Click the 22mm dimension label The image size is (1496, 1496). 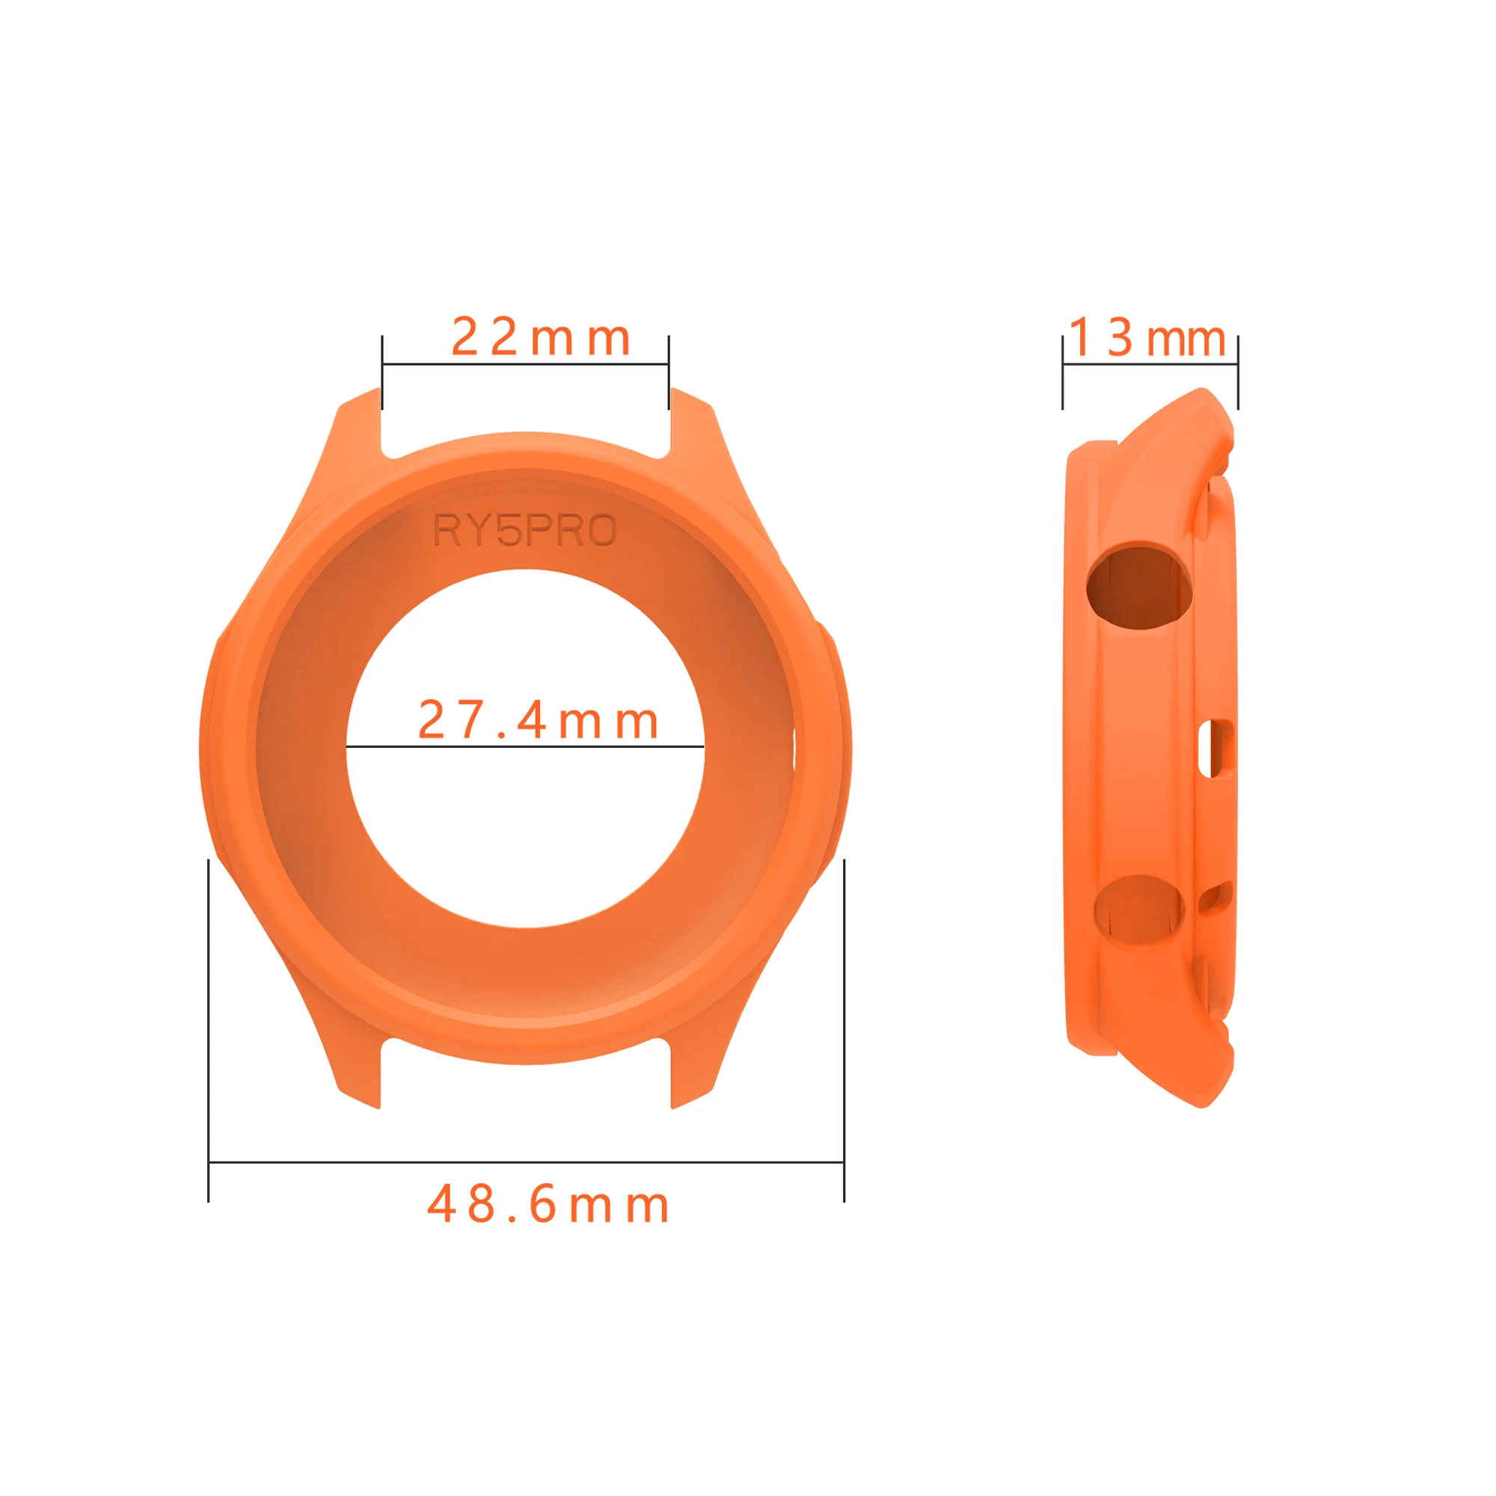pos(540,337)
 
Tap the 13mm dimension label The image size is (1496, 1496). pos(1147,338)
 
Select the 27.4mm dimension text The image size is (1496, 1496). pos(537,720)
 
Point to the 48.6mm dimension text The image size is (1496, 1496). pos(548,1205)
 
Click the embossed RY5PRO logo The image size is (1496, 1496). pos(524,530)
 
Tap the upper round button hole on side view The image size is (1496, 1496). pos(1138,588)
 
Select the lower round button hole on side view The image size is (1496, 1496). pos(1138,910)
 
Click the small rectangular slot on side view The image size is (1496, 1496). pos(1215,748)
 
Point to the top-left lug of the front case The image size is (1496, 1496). pos(358,422)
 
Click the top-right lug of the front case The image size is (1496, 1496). pos(691,422)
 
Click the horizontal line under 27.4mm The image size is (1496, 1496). pos(524,747)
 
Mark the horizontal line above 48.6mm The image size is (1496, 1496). pos(526,1162)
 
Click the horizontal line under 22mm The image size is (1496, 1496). pos(525,364)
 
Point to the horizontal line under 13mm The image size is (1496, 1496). pos(1150,364)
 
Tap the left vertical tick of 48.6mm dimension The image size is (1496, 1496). pos(208,1030)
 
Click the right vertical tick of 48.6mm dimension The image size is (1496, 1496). pos(844,1030)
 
